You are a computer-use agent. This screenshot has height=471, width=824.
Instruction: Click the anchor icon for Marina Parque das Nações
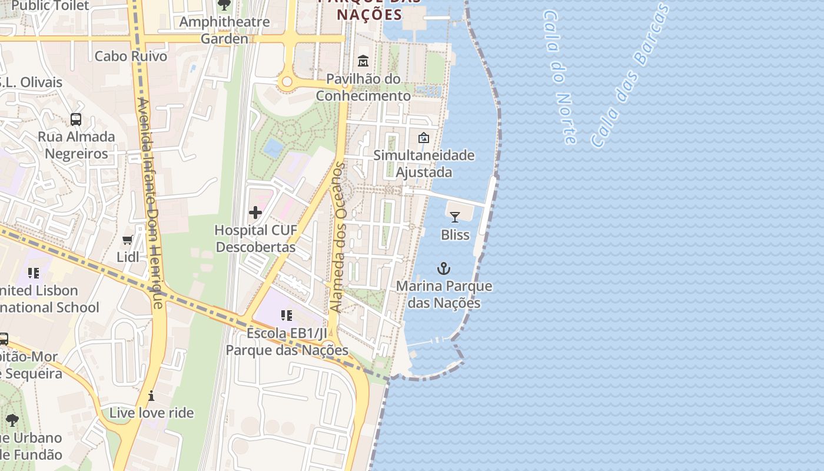443,269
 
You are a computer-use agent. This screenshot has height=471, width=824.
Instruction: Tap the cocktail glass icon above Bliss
454,217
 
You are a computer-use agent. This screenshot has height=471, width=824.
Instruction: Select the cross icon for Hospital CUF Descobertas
255,213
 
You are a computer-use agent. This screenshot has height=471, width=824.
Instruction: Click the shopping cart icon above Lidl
128,240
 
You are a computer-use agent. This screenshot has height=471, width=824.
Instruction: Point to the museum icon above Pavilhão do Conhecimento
363,61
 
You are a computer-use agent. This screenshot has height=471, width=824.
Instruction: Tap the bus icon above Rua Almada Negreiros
76,120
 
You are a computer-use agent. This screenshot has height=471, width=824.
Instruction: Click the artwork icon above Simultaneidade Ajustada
423,138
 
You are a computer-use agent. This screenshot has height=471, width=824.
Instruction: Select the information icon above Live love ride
151,396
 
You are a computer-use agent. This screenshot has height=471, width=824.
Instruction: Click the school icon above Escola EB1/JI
287,316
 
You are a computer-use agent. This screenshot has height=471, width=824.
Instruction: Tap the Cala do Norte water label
560,77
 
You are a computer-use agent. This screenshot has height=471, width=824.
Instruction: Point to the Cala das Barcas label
630,75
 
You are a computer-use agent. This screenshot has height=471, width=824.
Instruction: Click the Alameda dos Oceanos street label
338,237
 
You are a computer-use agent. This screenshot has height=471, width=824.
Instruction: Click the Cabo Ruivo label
131,57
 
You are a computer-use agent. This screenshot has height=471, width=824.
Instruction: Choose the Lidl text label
128,257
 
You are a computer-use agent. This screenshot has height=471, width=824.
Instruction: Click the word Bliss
455,235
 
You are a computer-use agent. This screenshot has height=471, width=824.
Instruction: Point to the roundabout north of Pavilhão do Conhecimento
287,82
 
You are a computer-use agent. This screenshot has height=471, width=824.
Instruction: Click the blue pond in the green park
273,147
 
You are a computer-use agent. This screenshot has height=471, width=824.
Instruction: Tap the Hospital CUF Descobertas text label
255,238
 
